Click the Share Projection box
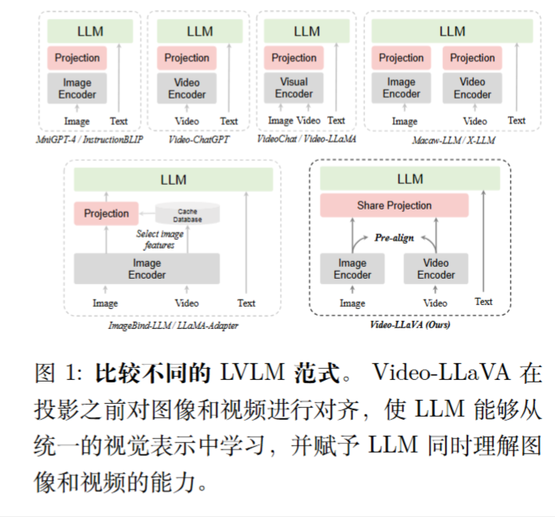pyautogui.click(x=394, y=206)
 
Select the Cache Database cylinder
pyautogui.click(x=187, y=214)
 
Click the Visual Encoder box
pyautogui.click(x=294, y=88)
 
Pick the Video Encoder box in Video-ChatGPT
pyautogui.click(x=186, y=88)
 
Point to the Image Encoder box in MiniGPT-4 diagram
pyautogui.click(x=77, y=88)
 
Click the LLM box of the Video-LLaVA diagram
pyautogui.click(x=410, y=179)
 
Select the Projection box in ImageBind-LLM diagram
pyautogui.click(x=106, y=213)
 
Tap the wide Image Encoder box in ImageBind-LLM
pyautogui.click(x=147, y=269)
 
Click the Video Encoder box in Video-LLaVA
pyautogui.click(x=436, y=269)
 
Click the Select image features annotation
pyautogui.click(x=159, y=240)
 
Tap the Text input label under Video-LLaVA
pyautogui.click(x=483, y=301)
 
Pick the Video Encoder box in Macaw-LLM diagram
pyautogui.click(x=472, y=88)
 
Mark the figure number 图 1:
pyautogui.click(x=60, y=373)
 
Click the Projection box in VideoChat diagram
pyautogui.click(x=294, y=57)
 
